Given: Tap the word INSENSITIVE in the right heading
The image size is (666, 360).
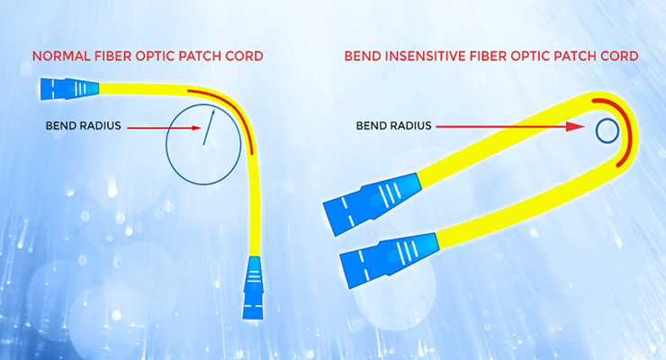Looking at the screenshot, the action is [x=426, y=56].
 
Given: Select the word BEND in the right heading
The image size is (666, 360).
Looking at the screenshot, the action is [x=363, y=56].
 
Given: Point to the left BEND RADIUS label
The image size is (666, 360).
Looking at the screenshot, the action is [x=83, y=126].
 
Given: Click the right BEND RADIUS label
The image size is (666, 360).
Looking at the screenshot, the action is [x=393, y=126].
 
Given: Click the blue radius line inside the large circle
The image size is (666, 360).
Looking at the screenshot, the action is [x=209, y=128].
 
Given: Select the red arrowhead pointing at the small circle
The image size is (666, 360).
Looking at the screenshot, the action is [x=575, y=127].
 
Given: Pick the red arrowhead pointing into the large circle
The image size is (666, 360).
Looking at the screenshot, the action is [x=196, y=128].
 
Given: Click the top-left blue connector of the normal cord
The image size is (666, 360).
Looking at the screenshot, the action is [x=69, y=89].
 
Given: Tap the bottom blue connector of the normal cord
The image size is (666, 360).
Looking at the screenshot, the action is [x=253, y=287].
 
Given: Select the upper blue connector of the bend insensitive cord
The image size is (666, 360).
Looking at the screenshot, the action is [x=373, y=202].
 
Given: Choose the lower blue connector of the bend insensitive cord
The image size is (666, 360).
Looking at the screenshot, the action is [x=389, y=259].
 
